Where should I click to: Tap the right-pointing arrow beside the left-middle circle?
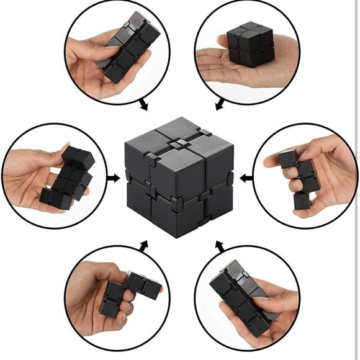pos(114,179)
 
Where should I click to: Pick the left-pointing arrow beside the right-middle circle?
pos(247,178)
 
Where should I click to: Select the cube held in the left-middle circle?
pos(69,177)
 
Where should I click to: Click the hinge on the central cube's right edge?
pos(229,178)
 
